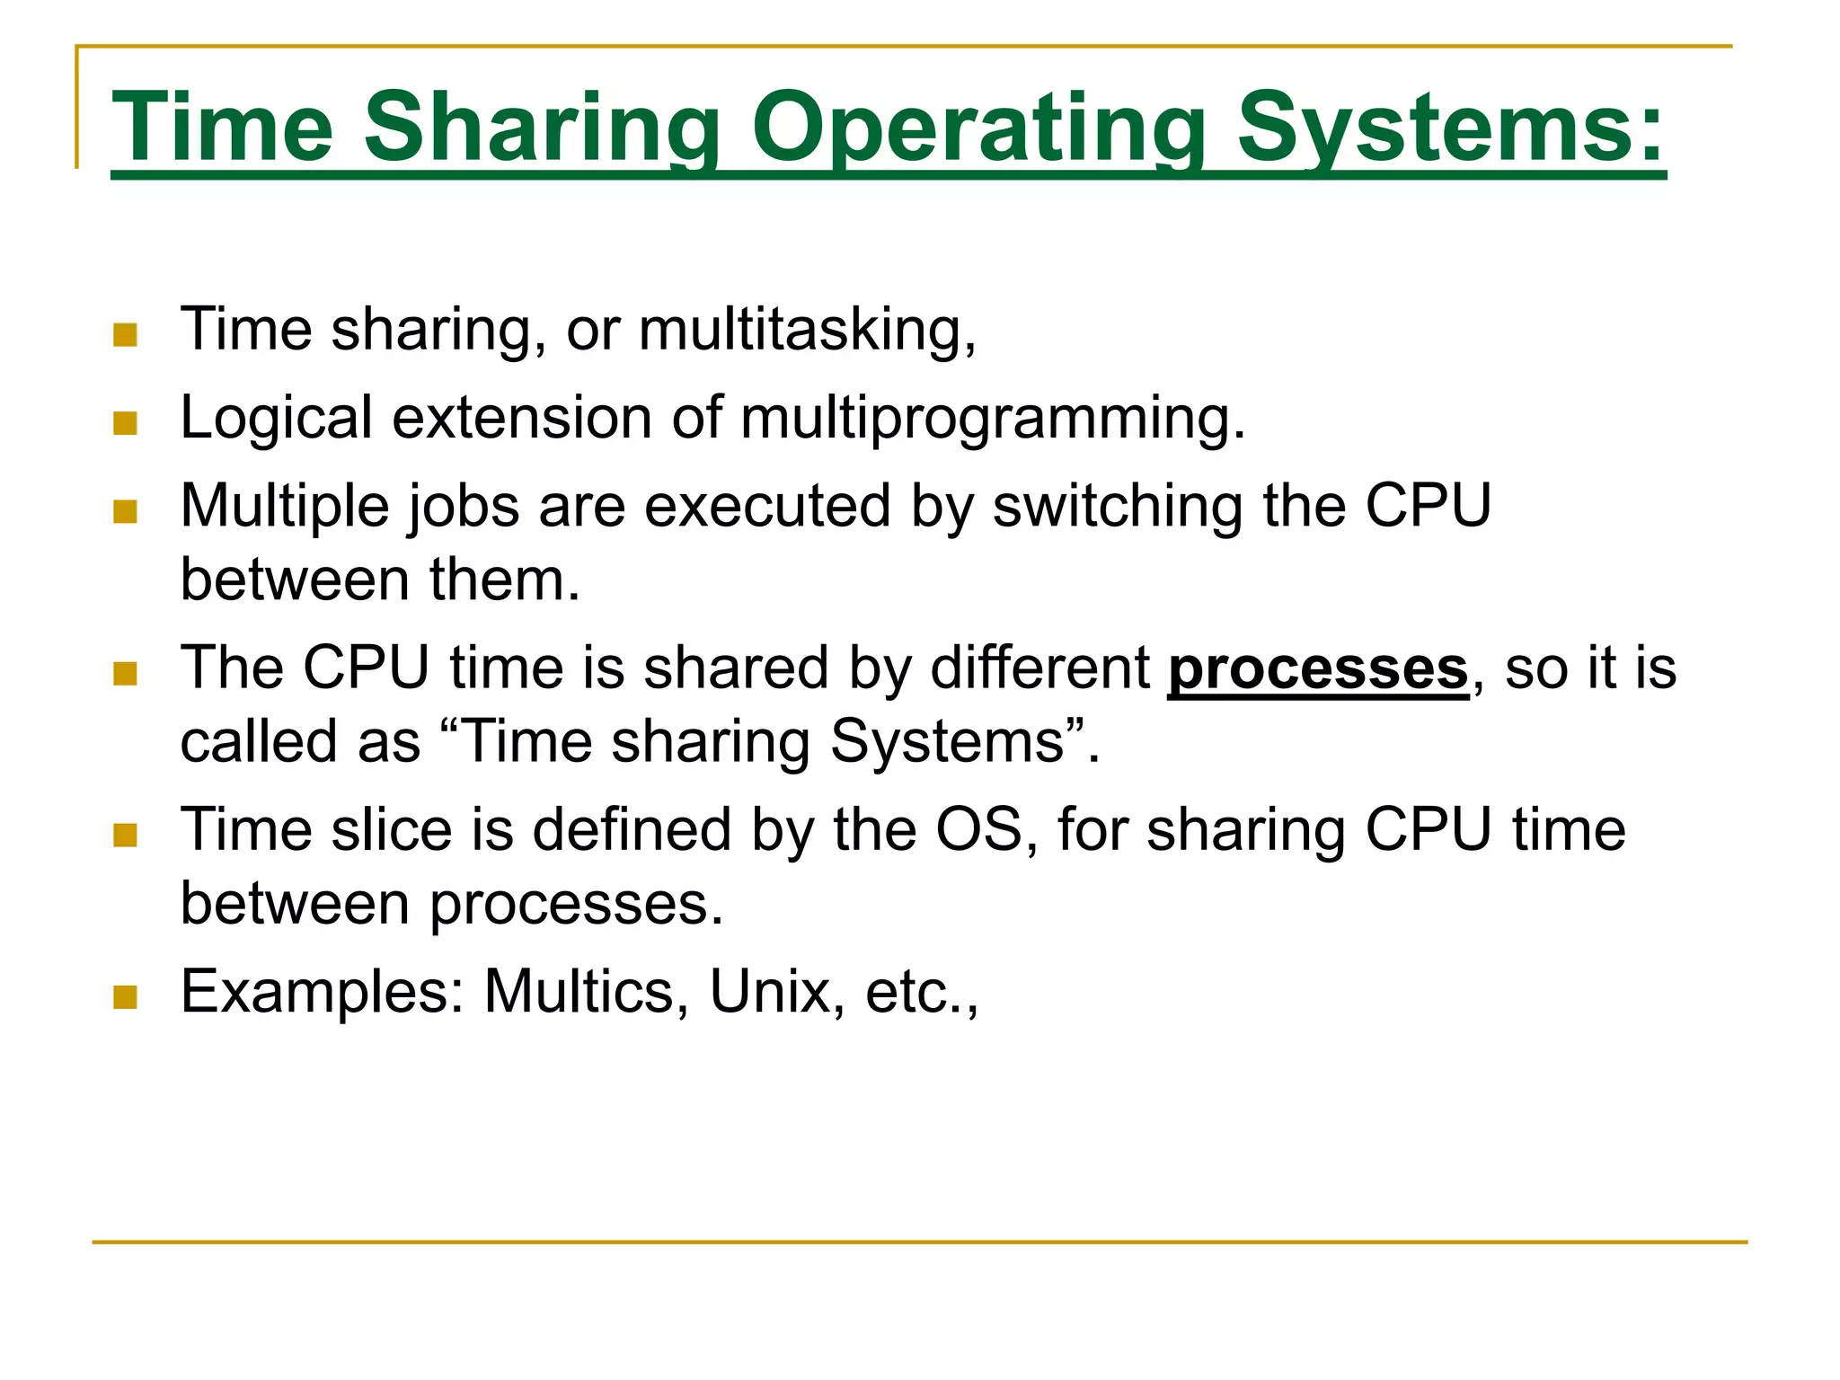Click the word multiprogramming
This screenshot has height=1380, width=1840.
coord(993,419)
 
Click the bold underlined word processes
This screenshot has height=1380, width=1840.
coord(1317,669)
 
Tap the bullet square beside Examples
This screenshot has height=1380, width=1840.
coord(126,997)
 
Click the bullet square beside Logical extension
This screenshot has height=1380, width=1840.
coord(126,423)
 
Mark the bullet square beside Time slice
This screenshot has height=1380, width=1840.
coord(126,836)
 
